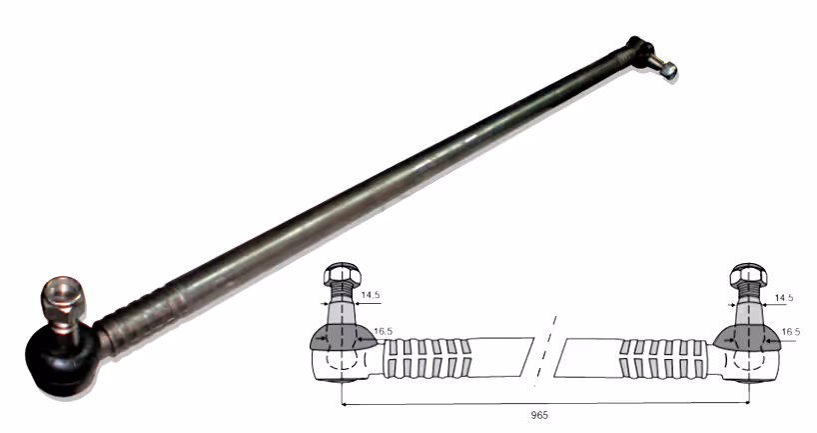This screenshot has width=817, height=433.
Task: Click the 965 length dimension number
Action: (x=539, y=415)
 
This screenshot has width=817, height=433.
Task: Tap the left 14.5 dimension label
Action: (x=370, y=295)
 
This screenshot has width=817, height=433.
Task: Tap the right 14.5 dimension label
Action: (x=784, y=298)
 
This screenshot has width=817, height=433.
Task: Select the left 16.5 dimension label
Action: (x=383, y=331)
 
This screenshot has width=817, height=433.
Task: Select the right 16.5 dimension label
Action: (x=791, y=332)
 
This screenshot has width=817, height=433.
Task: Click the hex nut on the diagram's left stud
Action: (x=342, y=274)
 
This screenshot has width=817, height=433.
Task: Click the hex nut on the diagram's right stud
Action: (x=748, y=274)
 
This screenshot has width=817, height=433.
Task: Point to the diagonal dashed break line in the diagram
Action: (x=545, y=351)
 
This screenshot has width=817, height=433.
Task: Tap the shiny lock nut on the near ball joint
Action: (x=63, y=299)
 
